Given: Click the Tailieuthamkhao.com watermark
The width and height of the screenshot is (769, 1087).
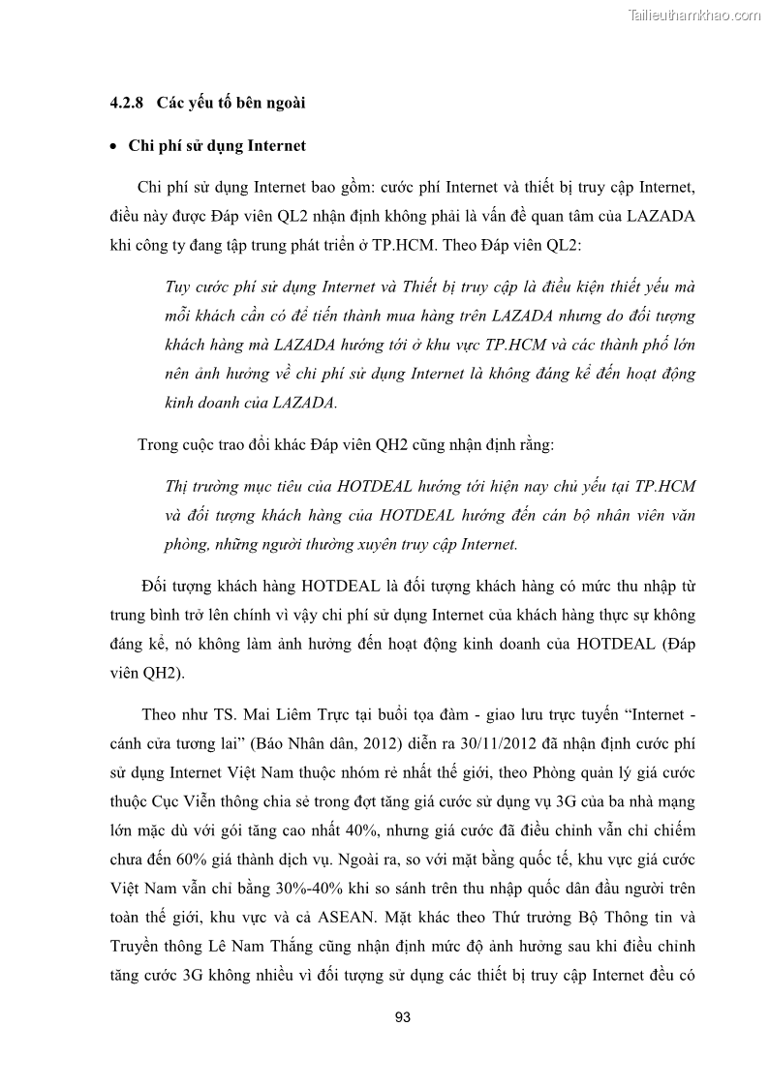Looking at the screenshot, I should pyautogui.click(x=694, y=15).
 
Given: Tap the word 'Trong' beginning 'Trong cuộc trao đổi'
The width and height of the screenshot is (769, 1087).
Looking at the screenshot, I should pyautogui.click(x=159, y=444).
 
